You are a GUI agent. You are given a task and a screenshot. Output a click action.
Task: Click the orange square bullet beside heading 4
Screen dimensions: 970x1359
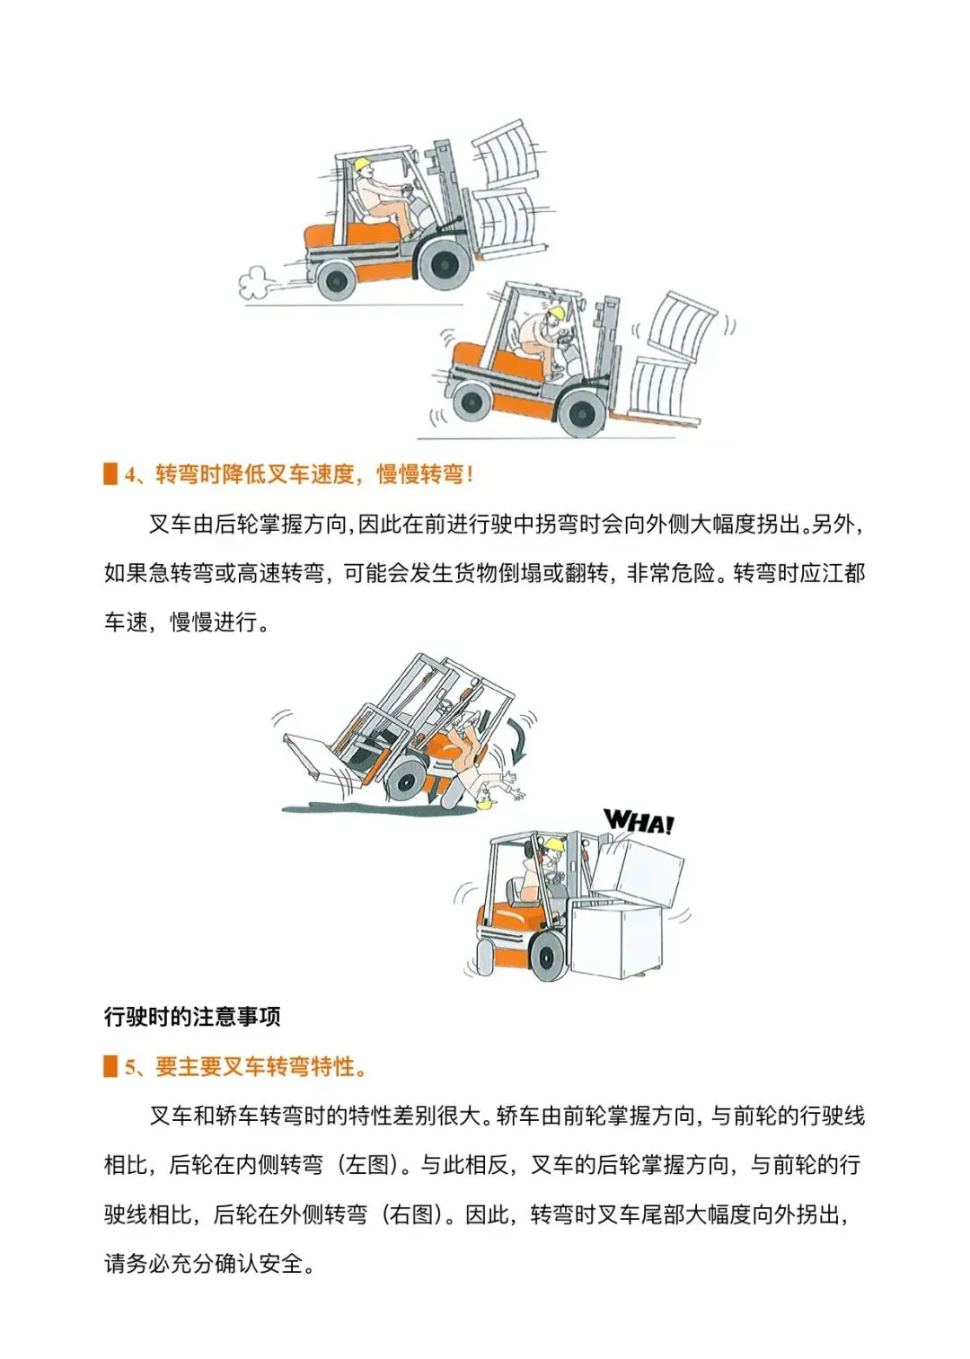pyautogui.click(x=110, y=474)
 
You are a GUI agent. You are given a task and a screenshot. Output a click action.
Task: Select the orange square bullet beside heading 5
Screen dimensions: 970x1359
pyautogui.click(x=110, y=1066)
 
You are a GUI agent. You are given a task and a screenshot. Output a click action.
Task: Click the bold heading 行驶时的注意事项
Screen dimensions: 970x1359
pyautogui.click(x=192, y=1016)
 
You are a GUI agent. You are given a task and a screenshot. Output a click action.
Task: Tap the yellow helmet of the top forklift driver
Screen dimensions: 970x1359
pyautogui.click(x=362, y=163)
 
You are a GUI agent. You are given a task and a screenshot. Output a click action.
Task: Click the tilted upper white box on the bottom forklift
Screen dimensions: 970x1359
pyautogui.click(x=637, y=872)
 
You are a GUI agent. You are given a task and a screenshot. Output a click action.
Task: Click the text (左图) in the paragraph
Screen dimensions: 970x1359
pyautogui.click(x=368, y=1165)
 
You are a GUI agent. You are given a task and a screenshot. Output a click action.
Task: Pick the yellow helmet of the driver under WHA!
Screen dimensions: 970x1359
pyautogui.click(x=554, y=843)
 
